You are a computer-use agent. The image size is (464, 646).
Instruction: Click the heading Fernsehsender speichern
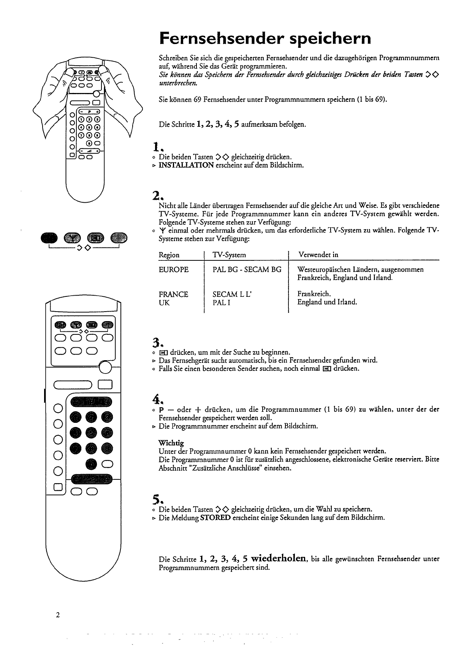tap(265, 38)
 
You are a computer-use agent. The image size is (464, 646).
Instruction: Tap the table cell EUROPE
tap(173, 269)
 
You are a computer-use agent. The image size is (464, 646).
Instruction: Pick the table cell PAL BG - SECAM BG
tap(247, 269)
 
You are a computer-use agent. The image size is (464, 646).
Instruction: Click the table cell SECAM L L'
tap(232, 294)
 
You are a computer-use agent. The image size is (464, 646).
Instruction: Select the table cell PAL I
tap(222, 303)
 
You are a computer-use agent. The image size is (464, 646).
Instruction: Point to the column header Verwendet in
tap(318, 255)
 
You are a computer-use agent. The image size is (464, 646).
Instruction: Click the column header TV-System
tap(229, 255)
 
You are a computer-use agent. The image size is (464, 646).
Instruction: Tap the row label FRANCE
tap(173, 294)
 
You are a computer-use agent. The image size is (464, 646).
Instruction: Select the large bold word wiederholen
tap(279, 558)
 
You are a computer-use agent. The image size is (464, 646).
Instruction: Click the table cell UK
tap(164, 303)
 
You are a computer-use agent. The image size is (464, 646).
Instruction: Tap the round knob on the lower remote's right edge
tap(105, 367)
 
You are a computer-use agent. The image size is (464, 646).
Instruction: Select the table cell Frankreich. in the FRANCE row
tap(314, 294)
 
